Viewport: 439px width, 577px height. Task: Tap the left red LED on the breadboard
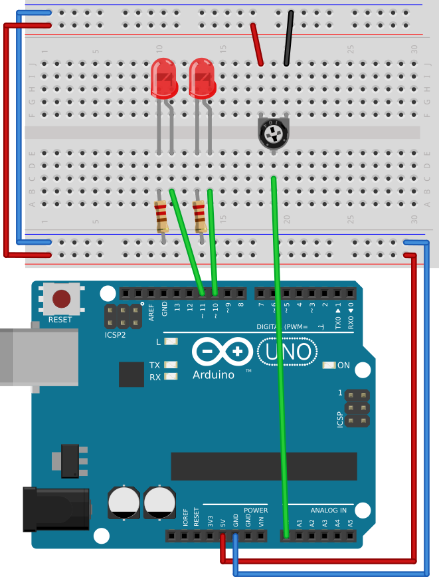[164, 76]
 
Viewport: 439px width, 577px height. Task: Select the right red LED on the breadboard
[202, 76]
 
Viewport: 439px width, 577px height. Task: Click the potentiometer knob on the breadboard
[274, 135]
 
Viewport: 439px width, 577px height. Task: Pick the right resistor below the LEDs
[199, 216]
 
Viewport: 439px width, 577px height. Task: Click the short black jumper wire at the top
[288, 39]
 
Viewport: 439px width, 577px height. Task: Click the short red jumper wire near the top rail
[256, 44]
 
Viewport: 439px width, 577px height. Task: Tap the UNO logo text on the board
[285, 350]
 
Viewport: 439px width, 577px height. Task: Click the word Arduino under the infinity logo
[213, 374]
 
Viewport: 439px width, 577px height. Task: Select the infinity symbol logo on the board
[222, 350]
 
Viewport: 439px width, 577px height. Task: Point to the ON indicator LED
[328, 365]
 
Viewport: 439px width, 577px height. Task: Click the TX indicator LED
[171, 365]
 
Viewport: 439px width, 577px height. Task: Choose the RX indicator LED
[171, 377]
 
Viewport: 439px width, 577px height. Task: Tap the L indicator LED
[171, 342]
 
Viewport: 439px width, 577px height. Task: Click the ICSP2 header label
[115, 334]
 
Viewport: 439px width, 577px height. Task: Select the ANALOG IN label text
[325, 511]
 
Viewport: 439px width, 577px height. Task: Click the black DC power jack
[56, 509]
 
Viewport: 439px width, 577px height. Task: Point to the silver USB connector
[33, 356]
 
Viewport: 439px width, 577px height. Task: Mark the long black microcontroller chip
[264, 466]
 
